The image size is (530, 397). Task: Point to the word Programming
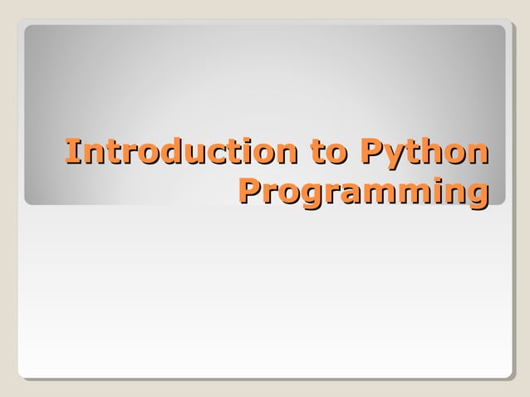(x=362, y=191)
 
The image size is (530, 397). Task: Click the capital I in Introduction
(x=72, y=153)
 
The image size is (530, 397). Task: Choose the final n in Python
(x=475, y=155)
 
